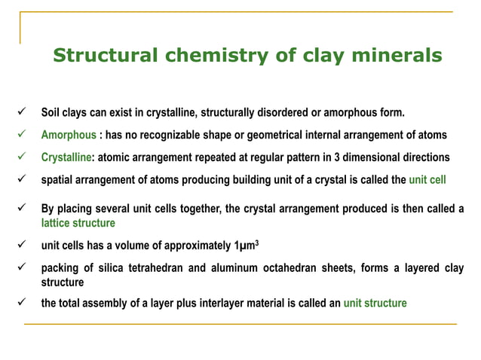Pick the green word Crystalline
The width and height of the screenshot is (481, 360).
[x=66, y=157]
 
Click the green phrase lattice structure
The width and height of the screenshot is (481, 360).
[x=78, y=224]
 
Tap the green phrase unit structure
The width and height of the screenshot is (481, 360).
[x=375, y=304]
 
